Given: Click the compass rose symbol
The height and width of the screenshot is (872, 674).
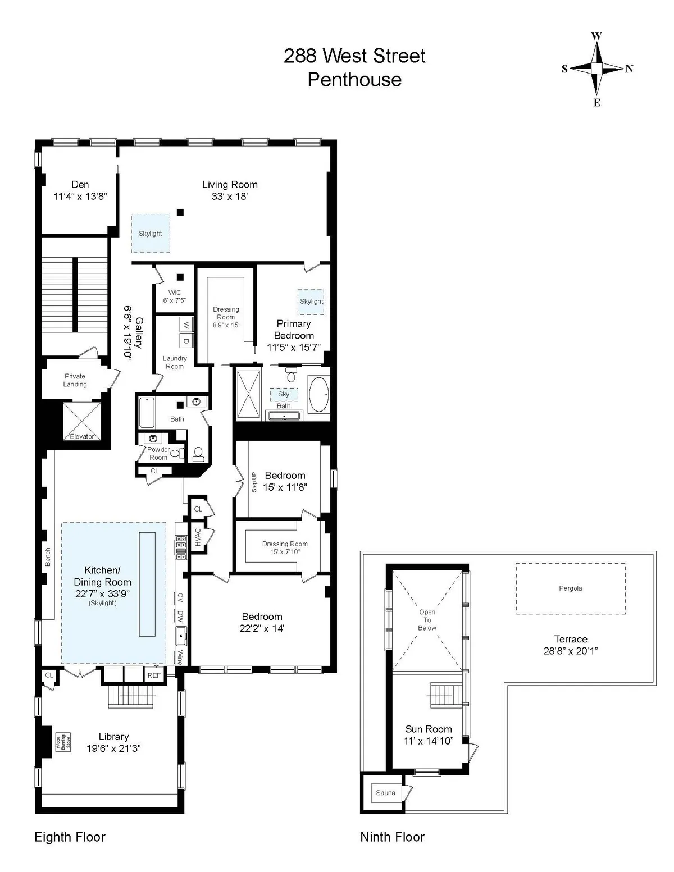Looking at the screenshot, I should tap(597, 69).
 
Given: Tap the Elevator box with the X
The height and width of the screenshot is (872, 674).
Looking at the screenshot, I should tap(82, 421).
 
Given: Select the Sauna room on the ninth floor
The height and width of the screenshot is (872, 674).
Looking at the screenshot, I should tap(385, 793).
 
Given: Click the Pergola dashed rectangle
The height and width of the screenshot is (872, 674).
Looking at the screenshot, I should tap(571, 588).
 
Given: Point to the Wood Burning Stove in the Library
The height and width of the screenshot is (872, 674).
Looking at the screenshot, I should tap(63, 742).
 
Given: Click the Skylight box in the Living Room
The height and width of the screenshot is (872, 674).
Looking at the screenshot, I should tap(151, 233).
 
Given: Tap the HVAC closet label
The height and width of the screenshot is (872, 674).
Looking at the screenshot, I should tap(198, 538).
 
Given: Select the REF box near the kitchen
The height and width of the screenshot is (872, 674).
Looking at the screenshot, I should tap(154, 675).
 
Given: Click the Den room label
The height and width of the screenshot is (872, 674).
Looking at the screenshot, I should tap(80, 184).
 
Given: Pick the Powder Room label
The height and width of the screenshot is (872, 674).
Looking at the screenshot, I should tap(158, 453).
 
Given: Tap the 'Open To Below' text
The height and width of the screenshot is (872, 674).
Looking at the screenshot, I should tap(427, 620).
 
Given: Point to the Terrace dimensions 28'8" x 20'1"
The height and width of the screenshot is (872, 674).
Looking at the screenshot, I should tap(570, 651).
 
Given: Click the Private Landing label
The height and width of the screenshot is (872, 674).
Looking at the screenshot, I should tap(75, 380).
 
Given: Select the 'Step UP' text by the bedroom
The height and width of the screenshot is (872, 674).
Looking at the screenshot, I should tap(254, 482).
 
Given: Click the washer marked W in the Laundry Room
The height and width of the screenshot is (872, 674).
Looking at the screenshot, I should tap(186, 326).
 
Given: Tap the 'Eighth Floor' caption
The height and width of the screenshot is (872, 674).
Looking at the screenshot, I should tap(70, 837).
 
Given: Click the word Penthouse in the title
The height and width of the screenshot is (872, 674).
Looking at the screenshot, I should tap(354, 80).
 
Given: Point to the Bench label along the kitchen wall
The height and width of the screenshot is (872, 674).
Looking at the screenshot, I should tap(48, 557).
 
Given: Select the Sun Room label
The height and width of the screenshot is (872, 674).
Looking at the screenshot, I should tap(429, 729).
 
